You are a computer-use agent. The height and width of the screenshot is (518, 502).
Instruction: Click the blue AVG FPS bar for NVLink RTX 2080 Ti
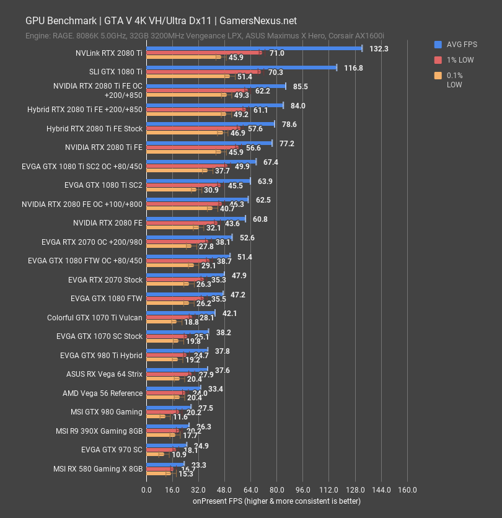click(x=254, y=48)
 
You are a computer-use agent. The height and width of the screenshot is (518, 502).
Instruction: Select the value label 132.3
click(x=379, y=48)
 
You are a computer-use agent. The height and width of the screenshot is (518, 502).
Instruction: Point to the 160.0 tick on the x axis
click(x=407, y=490)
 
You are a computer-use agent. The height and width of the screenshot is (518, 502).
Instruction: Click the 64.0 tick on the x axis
click(x=250, y=490)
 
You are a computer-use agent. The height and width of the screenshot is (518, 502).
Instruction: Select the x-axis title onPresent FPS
click(x=276, y=501)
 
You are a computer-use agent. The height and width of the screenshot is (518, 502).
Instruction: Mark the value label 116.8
click(x=353, y=68)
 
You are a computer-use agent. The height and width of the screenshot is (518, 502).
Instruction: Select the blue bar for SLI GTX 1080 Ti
click(x=242, y=67)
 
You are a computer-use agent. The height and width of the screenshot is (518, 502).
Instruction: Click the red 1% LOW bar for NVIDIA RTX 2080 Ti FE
click(x=192, y=147)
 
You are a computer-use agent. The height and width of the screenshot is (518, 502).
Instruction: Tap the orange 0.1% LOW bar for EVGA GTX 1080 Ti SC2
click(x=171, y=190)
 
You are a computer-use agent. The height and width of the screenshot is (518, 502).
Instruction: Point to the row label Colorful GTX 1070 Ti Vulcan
click(x=95, y=318)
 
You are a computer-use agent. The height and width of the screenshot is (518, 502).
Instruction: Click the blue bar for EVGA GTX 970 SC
click(x=166, y=444)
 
